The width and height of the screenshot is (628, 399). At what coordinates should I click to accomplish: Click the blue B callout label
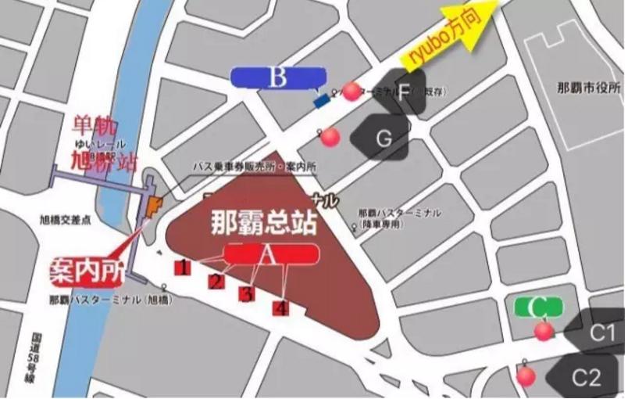(277, 77)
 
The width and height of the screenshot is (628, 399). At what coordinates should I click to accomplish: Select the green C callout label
(538, 306)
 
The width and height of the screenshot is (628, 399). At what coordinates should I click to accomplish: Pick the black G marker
(381, 138)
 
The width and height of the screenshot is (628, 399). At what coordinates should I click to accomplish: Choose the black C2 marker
(583, 378)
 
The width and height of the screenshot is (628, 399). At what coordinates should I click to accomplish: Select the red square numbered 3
(247, 293)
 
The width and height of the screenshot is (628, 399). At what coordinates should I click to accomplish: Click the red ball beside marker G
(331, 137)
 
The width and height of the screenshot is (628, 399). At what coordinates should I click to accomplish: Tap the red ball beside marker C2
(526, 376)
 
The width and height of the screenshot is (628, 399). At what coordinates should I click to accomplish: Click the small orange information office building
(153, 207)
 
